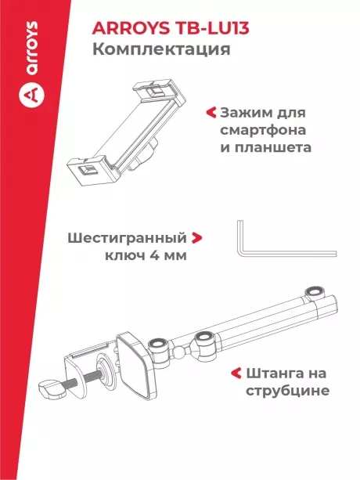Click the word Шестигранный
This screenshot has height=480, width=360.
(126, 237)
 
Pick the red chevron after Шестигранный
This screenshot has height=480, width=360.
(197, 237)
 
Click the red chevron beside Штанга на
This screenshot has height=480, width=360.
(235, 373)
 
